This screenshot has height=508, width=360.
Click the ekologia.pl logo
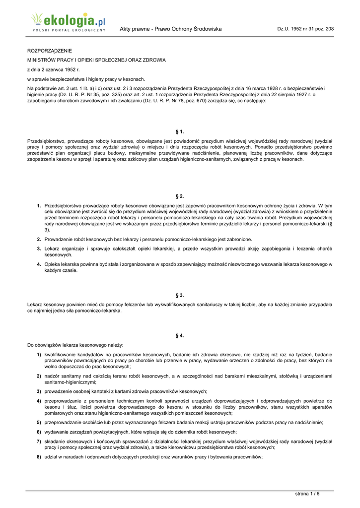click(68, 21)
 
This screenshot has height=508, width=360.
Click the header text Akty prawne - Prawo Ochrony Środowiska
click(170, 29)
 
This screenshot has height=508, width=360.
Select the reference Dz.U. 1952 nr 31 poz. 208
click(305, 29)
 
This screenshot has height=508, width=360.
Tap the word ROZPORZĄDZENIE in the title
click(49, 51)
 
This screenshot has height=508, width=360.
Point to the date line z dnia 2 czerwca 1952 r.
click(53, 69)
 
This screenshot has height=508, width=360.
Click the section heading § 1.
click(180, 131)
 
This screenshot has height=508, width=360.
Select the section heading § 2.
click(180, 196)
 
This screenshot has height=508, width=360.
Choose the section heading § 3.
click(180, 295)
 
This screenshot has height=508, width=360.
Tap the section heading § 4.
click(180, 336)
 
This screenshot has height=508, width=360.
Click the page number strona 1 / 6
click(308, 493)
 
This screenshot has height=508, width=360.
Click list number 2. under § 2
click(39, 239)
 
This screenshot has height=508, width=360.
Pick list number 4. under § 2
click(39, 264)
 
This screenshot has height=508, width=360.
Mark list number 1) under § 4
click(39, 355)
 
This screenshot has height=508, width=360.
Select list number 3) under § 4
click(39, 391)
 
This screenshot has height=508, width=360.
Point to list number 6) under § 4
click(39, 432)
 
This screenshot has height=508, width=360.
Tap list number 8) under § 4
click(39, 456)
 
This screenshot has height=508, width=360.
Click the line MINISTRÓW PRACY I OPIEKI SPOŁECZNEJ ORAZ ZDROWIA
click(96, 60)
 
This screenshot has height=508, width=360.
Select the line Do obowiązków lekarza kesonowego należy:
click(75, 345)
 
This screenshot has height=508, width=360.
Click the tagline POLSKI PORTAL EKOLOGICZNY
click(69, 30)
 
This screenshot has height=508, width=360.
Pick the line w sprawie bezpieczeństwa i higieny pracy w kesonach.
click(86, 79)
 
